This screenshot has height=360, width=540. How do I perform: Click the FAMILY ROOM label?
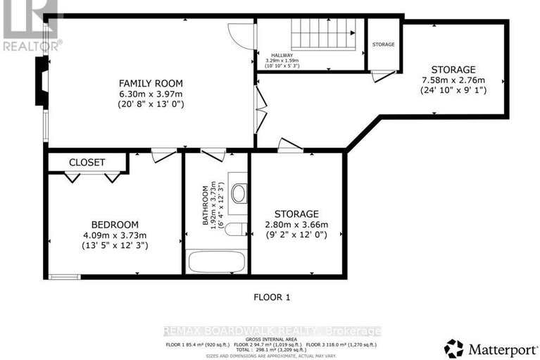tap(150, 82)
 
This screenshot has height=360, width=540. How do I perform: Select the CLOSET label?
tap(87, 163)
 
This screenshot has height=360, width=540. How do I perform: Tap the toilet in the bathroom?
tap(239, 192)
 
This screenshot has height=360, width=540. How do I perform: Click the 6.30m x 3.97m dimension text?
tap(150, 93)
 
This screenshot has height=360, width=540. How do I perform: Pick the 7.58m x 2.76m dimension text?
tap(453, 80)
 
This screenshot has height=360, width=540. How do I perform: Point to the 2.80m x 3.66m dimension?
tap(296, 225)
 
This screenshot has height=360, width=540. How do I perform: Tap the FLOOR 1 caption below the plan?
tap(272, 297)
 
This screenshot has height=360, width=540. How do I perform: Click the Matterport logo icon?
tap(454, 347)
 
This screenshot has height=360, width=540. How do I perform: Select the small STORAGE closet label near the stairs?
tap(384, 44)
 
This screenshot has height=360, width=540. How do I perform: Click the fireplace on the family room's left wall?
tap(43, 82)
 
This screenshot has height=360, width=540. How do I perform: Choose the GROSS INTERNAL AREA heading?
tap(271, 338)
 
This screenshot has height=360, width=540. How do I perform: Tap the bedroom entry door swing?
tap(163, 155)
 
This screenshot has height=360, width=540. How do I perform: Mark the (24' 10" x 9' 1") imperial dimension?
tap(453, 90)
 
